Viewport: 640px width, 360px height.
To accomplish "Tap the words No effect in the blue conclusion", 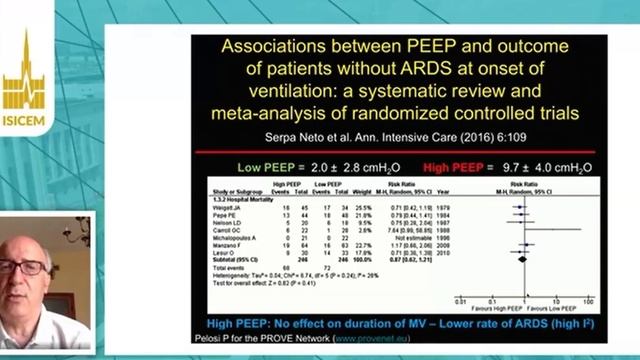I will click(301, 324).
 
